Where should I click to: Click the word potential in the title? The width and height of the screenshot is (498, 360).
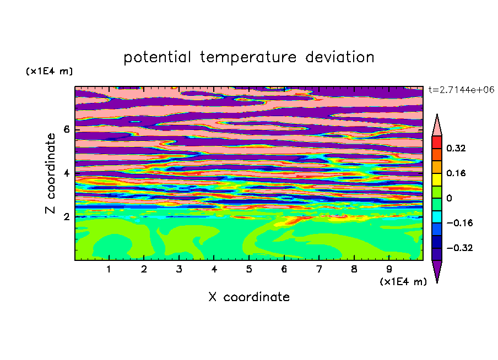tap(158, 58)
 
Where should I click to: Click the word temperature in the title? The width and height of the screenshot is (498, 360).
tap(248, 58)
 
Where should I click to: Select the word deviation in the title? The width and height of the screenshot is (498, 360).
tap(340, 57)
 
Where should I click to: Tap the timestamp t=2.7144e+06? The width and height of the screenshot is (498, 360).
tap(461, 90)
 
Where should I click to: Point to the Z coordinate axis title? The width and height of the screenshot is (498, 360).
tap(51, 173)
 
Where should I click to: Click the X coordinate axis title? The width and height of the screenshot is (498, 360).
tap(249, 297)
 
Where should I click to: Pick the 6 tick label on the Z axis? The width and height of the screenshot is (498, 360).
tap(66, 129)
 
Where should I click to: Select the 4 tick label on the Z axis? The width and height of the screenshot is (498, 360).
tap(66, 173)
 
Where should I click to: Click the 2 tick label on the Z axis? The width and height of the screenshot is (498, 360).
tap(66, 217)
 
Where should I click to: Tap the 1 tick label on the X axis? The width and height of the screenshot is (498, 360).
tap(109, 269)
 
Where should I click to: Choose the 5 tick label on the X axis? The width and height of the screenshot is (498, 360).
tap(249, 269)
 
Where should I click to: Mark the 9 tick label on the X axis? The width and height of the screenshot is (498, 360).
tap(389, 269)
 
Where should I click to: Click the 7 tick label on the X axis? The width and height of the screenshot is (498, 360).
tap(319, 269)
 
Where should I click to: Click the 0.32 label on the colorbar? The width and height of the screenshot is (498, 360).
tap(456, 148)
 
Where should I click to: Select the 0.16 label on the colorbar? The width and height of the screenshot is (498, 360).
tap(456, 173)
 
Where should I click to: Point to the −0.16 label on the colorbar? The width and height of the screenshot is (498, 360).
tap(459, 223)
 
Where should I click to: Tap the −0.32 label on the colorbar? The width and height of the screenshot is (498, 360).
tap(459, 248)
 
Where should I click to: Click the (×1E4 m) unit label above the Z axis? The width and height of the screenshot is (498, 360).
tap(49, 71)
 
